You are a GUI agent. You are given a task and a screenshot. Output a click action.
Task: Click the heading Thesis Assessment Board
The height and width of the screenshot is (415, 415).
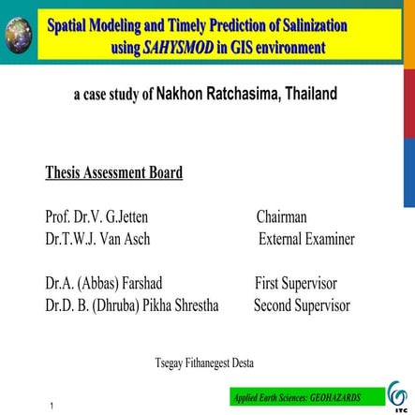pos(113,172)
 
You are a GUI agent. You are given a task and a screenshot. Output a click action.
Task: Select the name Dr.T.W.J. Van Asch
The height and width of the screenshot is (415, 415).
pos(96,239)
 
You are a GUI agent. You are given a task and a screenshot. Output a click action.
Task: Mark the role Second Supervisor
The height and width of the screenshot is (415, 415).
pos(302,305)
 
